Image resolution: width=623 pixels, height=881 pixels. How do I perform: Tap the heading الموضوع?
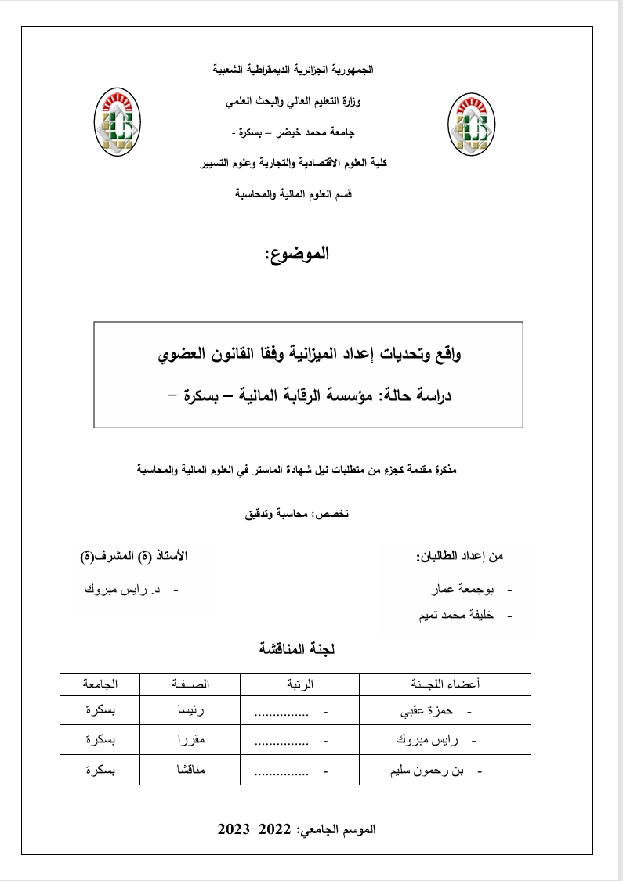297,253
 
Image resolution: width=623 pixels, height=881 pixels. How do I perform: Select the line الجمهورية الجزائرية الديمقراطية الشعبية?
294,70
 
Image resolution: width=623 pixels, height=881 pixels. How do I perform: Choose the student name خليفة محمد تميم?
457,616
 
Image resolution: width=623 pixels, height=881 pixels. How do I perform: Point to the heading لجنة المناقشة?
297,648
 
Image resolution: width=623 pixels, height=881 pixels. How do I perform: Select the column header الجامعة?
100,684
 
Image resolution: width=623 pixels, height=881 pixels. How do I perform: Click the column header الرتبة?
298,684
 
